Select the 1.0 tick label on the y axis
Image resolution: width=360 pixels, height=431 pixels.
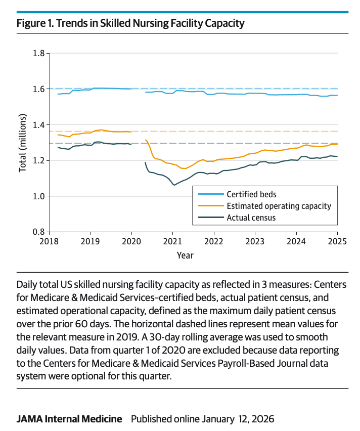[38, 196]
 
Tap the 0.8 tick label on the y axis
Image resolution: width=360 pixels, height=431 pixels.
[38, 232]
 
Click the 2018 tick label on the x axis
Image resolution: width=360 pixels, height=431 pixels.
[49, 242]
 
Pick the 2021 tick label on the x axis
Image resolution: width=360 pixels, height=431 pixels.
[172, 242]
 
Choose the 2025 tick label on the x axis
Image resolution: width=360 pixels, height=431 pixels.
[337, 242]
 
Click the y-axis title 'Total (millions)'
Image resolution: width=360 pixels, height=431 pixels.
[23, 142]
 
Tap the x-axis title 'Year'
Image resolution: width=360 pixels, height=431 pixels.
[185, 255]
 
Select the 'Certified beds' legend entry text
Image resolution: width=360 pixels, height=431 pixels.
[251, 194]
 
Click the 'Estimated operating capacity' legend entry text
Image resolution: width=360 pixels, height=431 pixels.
[279, 206]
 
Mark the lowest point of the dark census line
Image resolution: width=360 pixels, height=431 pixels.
[174, 185]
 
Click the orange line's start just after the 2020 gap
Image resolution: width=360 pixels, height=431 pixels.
[146, 140]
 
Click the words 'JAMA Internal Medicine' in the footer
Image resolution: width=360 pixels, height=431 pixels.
[69, 419]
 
